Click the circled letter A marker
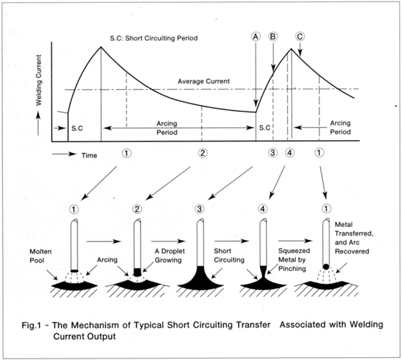256,37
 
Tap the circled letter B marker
273,37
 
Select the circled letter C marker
300,37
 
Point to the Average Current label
204,82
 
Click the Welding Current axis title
39,80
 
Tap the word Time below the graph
89,155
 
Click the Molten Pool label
40,256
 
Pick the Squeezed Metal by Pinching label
294,259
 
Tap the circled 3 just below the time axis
273,153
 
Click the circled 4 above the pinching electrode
263,209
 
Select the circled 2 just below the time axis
202,153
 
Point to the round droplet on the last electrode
326,267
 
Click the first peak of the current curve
101,47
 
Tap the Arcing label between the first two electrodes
107,260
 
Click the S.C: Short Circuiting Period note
154,38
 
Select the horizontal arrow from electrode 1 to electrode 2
103,241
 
